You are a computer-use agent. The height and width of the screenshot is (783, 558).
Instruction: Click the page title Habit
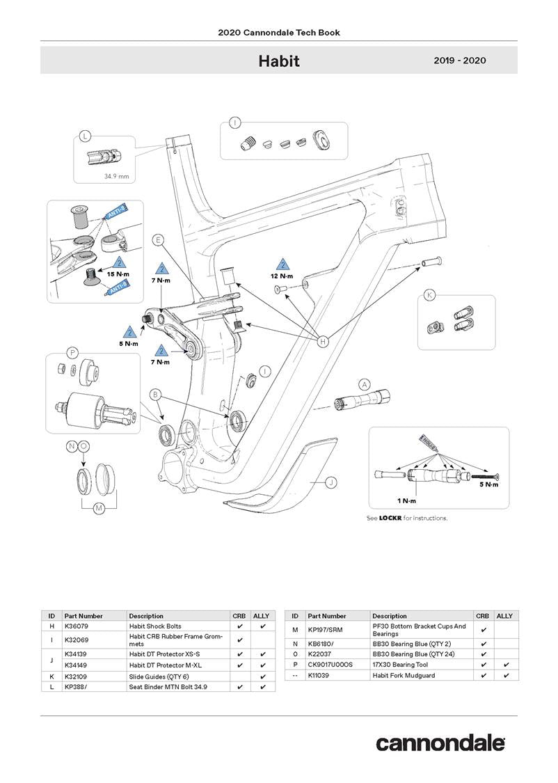[x=279, y=61]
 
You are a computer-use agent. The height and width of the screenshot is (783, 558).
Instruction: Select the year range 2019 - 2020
[x=459, y=61]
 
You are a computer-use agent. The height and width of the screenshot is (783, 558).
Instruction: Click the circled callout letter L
[x=85, y=136]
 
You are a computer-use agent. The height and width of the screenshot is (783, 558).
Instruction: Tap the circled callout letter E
[x=159, y=240]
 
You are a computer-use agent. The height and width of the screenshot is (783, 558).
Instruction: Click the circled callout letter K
[x=430, y=296]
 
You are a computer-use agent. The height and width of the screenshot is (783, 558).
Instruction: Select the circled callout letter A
[x=364, y=384]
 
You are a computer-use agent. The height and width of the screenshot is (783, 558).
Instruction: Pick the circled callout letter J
[x=331, y=481]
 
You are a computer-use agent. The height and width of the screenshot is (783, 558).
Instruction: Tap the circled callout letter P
[x=72, y=352]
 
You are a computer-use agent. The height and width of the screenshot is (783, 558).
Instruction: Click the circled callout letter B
[x=157, y=395]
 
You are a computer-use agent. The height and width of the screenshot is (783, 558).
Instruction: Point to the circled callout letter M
[x=99, y=508]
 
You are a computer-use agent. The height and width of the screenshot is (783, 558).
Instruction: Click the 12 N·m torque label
[x=282, y=276]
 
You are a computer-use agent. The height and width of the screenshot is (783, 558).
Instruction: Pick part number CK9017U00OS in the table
[x=330, y=665]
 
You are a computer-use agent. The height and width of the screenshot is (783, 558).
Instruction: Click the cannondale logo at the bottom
[x=440, y=743]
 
